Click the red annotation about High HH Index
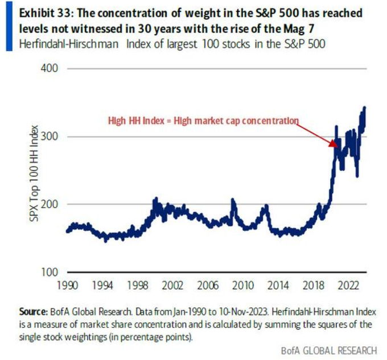click(203, 121)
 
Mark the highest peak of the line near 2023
click(364, 107)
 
